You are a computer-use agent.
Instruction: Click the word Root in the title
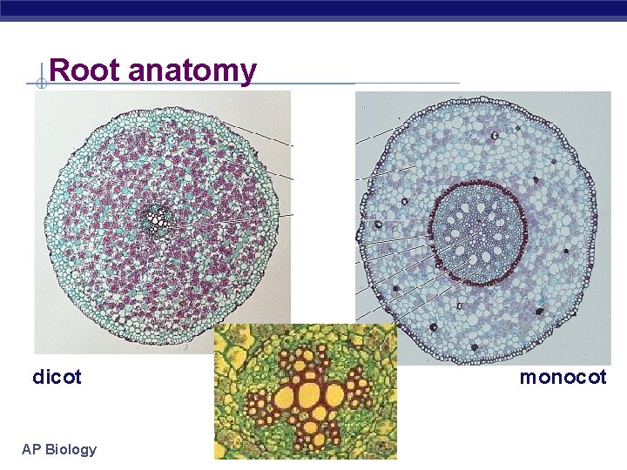pos(85,70)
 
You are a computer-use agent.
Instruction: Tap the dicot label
pos(57,377)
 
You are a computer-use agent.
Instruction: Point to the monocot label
pos(563,377)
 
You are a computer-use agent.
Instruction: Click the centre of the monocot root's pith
pos(476,232)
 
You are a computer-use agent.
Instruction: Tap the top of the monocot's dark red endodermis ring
pos(476,184)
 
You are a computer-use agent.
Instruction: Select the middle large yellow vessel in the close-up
pos(307,396)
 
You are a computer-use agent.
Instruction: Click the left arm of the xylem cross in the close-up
pos(261,401)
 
